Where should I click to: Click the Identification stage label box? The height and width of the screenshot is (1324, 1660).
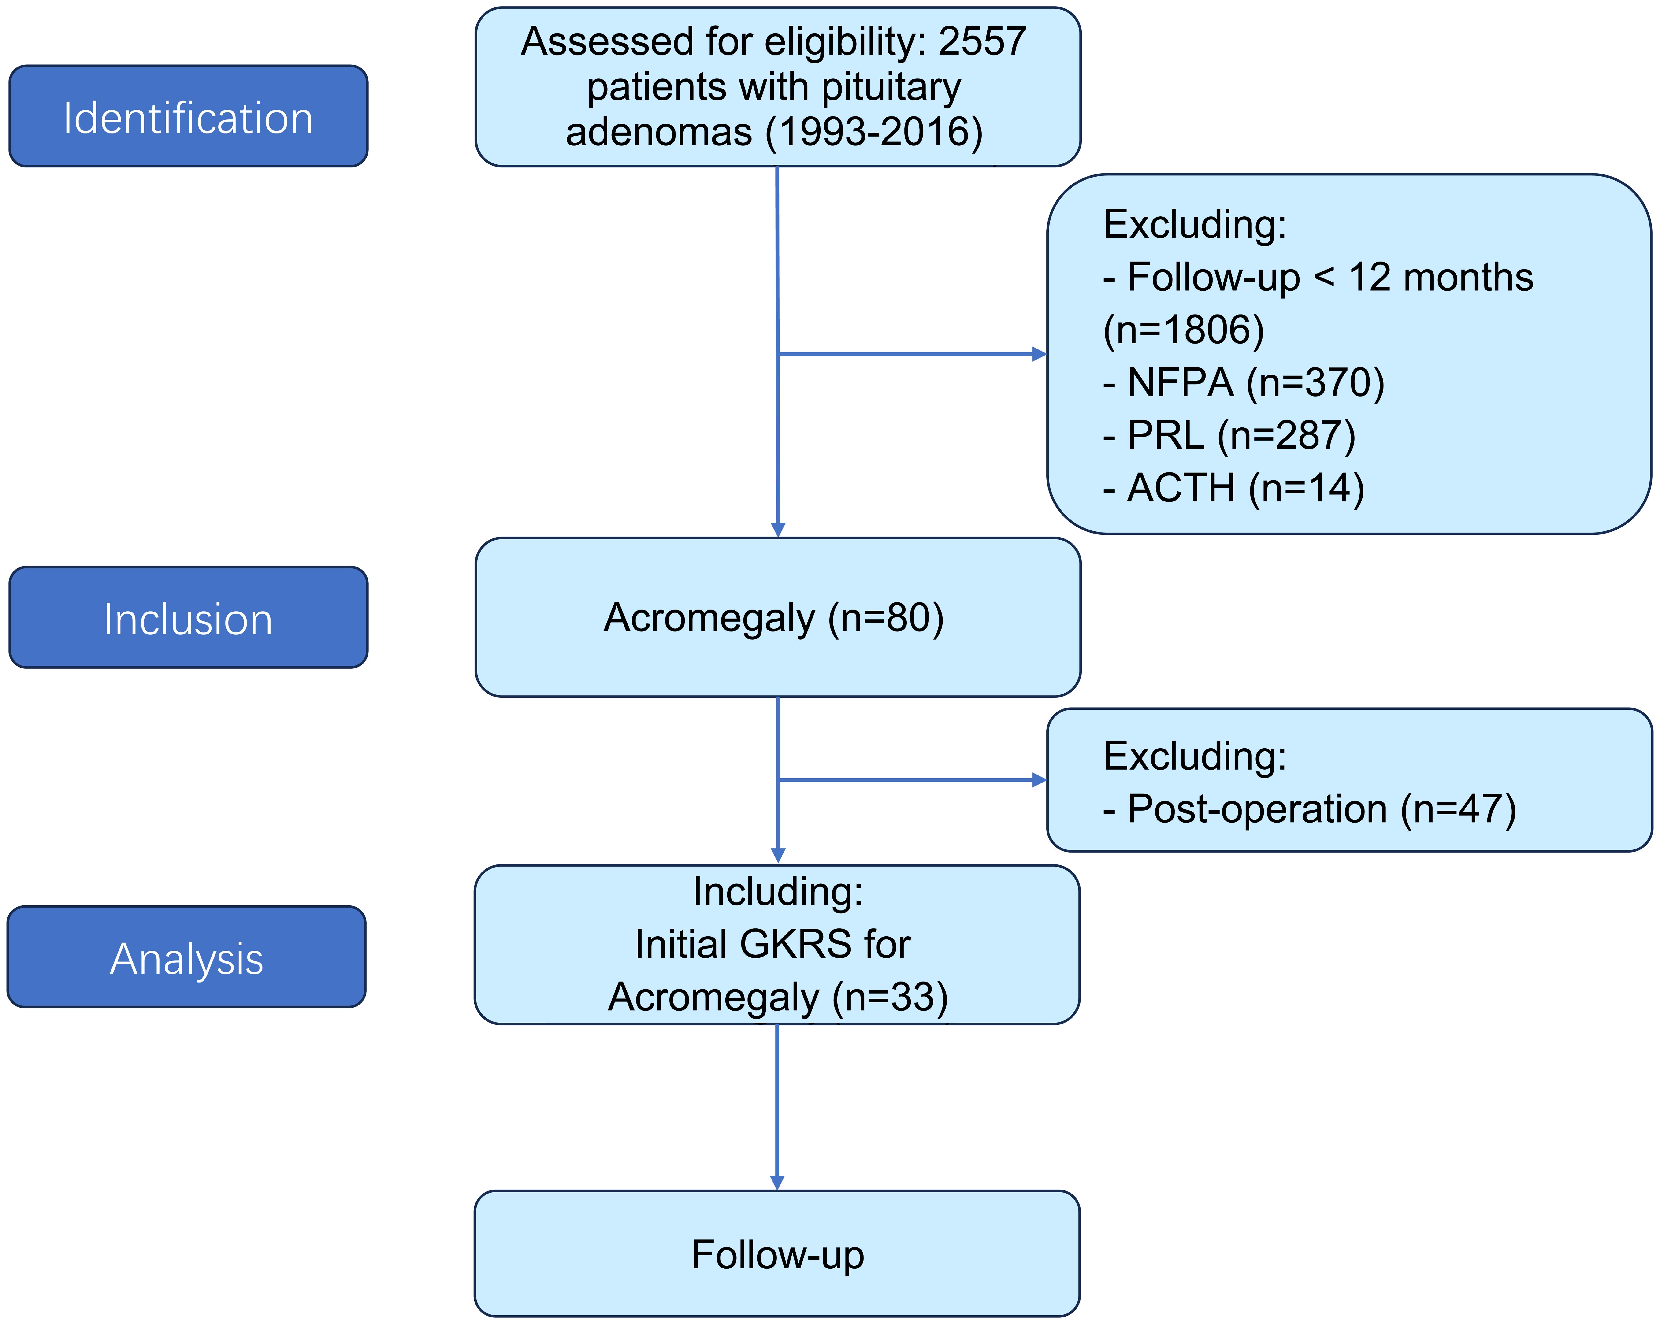188,116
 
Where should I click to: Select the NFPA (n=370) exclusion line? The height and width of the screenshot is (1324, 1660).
1243,382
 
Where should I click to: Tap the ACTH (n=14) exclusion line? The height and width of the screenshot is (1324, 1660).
1233,488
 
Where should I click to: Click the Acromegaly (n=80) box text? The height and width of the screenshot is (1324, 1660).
774,618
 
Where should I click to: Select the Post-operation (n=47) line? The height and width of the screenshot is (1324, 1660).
1309,809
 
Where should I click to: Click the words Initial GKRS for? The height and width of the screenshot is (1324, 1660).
772,944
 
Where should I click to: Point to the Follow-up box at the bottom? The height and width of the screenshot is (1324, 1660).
777,1255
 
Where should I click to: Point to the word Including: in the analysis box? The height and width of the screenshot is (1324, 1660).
778,891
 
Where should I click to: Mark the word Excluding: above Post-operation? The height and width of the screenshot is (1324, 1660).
1194,756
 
